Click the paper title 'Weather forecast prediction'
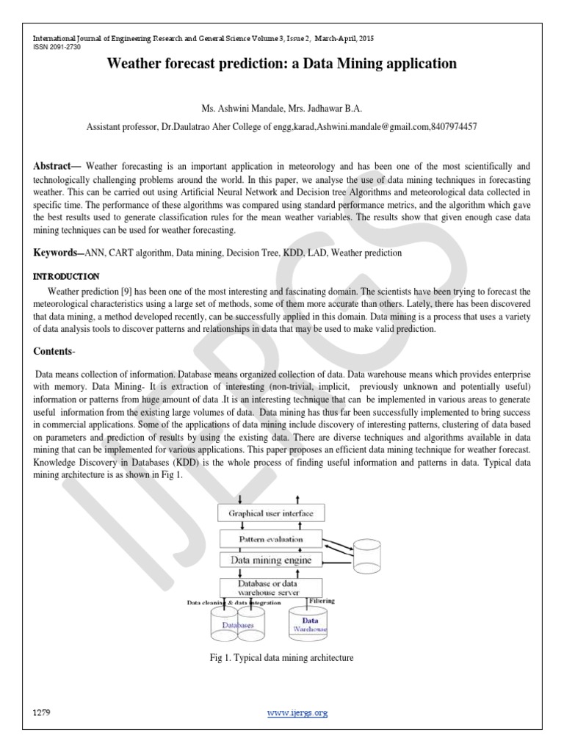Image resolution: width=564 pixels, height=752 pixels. (282, 64)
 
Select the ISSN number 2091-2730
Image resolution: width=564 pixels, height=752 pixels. (56, 47)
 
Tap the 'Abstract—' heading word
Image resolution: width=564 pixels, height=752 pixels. (57, 167)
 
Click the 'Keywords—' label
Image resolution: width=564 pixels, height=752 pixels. (59, 253)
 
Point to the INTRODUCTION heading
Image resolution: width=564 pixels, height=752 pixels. (67, 277)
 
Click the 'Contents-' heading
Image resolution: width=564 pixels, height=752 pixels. (57, 351)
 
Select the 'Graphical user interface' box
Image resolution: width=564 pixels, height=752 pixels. (272, 514)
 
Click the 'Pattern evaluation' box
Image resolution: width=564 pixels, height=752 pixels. (272, 539)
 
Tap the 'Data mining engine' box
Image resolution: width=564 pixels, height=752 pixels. (272, 560)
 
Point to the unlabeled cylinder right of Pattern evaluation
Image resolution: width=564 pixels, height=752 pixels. (373, 556)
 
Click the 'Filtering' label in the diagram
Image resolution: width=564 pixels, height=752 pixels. (322, 600)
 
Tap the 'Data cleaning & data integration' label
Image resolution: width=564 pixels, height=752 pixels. (234, 602)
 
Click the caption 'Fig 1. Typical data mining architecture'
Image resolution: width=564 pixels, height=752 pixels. (282, 658)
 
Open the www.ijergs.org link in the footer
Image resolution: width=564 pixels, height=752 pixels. (297, 712)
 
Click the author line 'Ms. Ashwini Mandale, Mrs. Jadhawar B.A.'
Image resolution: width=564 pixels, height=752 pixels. (282, 107)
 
